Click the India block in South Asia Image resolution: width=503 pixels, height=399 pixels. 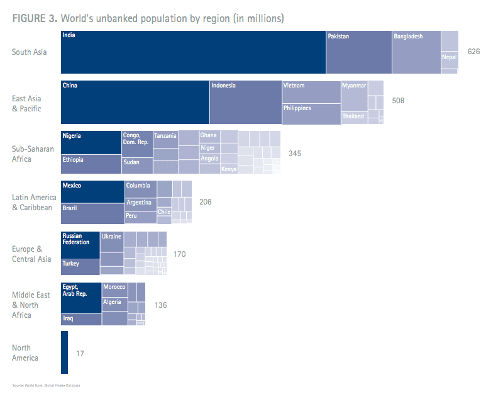[x=193, y=52]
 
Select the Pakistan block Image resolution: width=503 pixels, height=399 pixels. [x=358, y=52]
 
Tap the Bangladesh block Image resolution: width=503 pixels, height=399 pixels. [x=416, y=52]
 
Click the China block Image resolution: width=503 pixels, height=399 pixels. [x=135, y=102]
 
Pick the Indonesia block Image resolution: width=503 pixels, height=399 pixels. [x=245, y=102]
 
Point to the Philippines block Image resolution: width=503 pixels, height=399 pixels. [x=311, y=113]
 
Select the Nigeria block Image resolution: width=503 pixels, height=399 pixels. [x=91, y=142]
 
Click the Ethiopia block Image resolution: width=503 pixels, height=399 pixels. [x=91, y=164]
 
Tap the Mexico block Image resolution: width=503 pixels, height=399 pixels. [x=92, y=192]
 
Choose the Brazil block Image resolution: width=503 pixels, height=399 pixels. [x=92, y=213]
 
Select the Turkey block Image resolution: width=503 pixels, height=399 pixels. [x=80, y=267]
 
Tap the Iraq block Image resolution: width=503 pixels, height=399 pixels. [x=81, y=319]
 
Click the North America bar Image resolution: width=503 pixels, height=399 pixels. [x=64, y=352]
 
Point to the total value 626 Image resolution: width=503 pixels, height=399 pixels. [x=473, y=51]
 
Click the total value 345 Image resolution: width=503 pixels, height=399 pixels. [x=295, y=153]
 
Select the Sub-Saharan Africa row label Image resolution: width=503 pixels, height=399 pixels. [x=33, y=154]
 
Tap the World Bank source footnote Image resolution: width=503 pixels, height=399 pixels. [x=46, y=385]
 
